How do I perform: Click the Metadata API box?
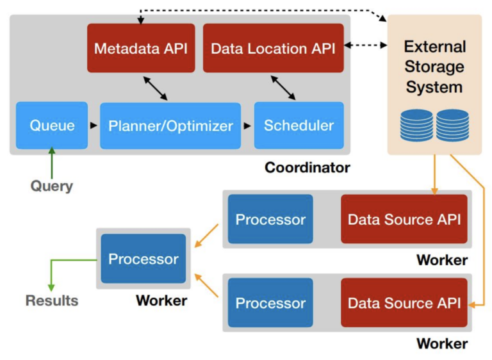coord(140,48)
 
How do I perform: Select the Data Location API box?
coord(273,48)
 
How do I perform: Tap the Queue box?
coord(51,126)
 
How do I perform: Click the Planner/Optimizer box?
coord(170,126)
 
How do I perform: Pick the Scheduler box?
coord(299,126)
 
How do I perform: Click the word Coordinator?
coord(307,168)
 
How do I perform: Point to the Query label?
coord(51,186)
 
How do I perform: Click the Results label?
coord(51,300)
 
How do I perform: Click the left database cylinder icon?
coord(416,125)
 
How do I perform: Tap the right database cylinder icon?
coord(453,125)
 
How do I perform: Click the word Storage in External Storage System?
coord(434,67)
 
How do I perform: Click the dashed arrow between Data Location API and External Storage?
coord(366,45)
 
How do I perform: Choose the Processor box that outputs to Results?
coord(143,259)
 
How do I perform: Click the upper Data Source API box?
coord(404,219)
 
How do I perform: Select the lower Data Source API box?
coord(404,303)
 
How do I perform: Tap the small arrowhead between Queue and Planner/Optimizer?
coord(94,126)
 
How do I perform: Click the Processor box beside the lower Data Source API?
coord(270,303)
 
